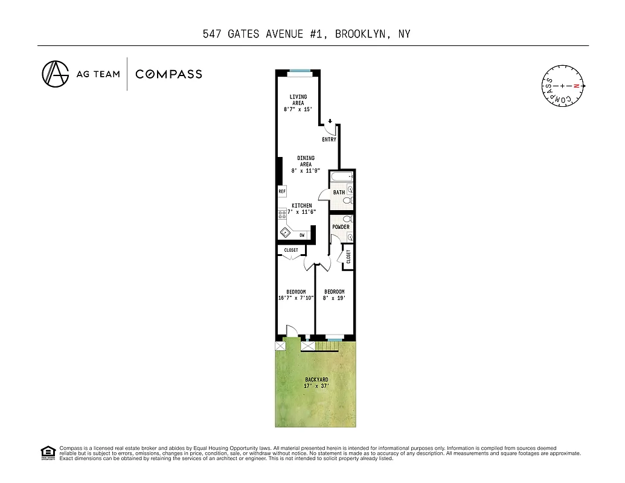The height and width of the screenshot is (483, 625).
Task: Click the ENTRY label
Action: [329, 139]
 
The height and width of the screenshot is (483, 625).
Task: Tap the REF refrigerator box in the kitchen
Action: [281, 191]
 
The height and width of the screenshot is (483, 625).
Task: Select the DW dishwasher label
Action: [301, 235]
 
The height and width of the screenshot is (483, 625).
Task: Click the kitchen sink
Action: [284, 232]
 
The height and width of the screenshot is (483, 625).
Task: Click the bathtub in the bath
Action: [342, 177]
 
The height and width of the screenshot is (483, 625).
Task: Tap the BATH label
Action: [339, 193]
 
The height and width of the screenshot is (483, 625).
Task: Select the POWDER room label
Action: [341, 227]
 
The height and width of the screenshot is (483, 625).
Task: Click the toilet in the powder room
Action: [347, 219]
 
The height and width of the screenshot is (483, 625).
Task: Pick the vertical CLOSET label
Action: [348, 257]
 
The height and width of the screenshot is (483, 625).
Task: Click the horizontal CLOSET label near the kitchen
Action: [291, 250]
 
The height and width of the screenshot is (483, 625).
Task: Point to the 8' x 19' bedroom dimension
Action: [334, 298]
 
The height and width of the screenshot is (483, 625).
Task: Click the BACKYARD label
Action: [316, 380]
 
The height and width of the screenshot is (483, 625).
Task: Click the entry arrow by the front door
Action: [330, 121]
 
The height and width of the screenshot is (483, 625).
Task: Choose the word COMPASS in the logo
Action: [168, 74]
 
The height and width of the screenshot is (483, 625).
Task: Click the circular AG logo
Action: [55, 74]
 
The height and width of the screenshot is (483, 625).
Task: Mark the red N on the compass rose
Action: [576, 86]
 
